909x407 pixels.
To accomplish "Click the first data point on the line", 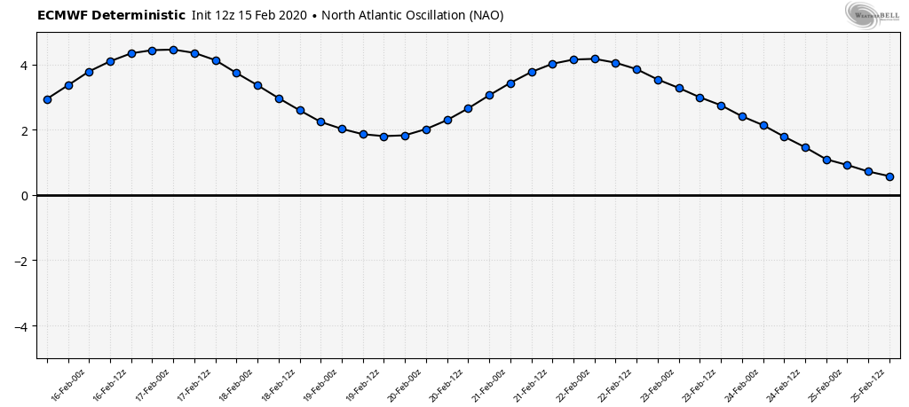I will pyautogui.click(x=47, y=99).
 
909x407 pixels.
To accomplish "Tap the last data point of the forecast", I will pyautogui.click(x=889, y=176).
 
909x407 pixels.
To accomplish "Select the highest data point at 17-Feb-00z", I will pyautogui.click(x=173, y=50).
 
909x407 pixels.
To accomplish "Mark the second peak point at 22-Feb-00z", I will pyautogui.click(x=595, y=59).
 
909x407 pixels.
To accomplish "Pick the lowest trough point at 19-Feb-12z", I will pyautogui.click(x=383, y=137).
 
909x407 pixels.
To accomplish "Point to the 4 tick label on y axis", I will pyautogui.click(x=26, y=66).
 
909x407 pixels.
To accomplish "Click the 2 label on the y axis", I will pyautogui.click(x=26, y=130).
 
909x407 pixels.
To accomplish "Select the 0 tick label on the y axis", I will pyautogui.click(x=26, y=196).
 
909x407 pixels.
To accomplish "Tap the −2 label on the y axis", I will pyautogui.click(x=23, y=261).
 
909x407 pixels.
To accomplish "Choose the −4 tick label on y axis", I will pyautogui.click(x=23, y=326).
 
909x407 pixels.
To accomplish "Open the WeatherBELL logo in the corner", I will pyautogui.click(x=872, y=15).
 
